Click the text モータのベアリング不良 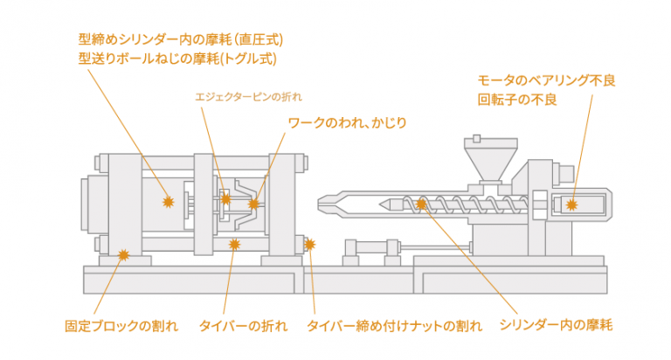(547, 80)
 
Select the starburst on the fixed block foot (123, 255)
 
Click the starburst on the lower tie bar (233, 244)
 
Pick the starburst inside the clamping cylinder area (169, 202)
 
